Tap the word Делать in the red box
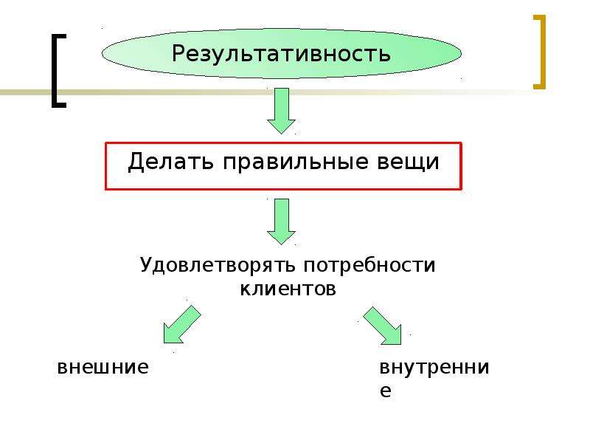(x=171, y=162)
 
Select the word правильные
(x=296, y=162)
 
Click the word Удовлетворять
(x=218, y=265)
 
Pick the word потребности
(x=369, y=266)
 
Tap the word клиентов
(x=288, y=289)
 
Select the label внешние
(x=103, y=366)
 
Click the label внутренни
(x=434, y=366)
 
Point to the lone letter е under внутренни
(x=385, y=391)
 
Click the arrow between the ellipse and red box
(x=281, y=111)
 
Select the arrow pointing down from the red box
(x=281, y=221)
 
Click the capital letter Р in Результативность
(x=178, y=53)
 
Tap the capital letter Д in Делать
(x=136, y=162)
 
